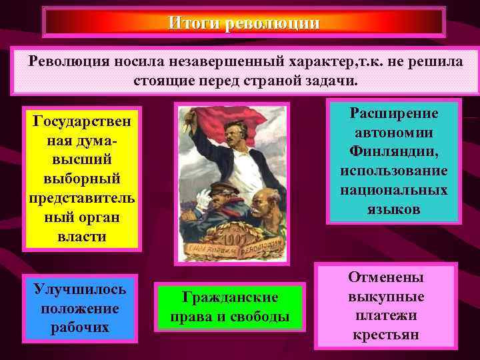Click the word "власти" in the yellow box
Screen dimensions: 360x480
pyautogui.click(x=80, y=237)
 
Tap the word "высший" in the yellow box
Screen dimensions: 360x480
pyautogui.click(x=80, y=161)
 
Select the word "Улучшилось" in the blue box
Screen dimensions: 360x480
pyautogui.click(x=80, y=291)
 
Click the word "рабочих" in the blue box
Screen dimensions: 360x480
pyautogui.click(x=80, y=327)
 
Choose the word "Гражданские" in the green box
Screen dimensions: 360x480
pyautogui.click(x=229, y=297)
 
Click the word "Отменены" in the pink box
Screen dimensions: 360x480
pyautogui.click(x=386, y=278)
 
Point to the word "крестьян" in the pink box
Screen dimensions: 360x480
pyautogui.click(x=386, y=334)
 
